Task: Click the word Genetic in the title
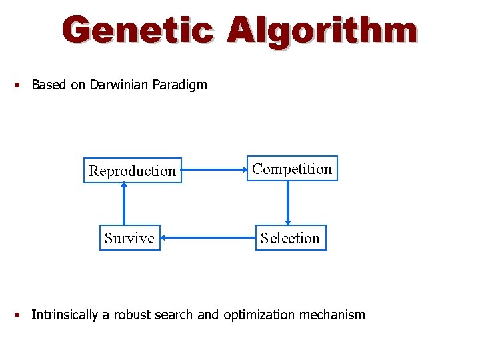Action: (x=138, y=31)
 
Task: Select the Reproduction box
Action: (x=132, y=171)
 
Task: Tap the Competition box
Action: (x=292, y=169)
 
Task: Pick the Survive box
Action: (x=129, y=238)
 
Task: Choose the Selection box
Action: (x=290, y=238)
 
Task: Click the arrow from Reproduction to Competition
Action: (x=214, y=169)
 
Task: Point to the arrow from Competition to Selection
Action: (x=288, y=203)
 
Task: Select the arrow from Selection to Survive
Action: (x=208, y=237)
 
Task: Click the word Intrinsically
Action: (x=65, y=315)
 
